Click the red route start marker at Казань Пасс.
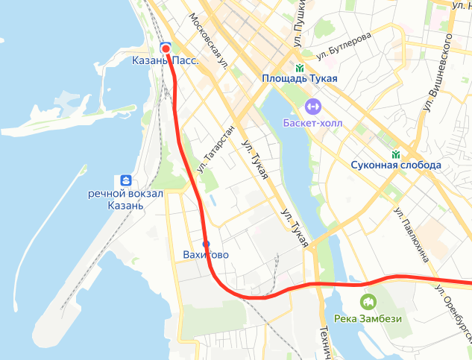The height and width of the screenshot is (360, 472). (166, 48)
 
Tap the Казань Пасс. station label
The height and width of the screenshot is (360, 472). (165, 61)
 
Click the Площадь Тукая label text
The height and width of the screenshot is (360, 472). (300, 79)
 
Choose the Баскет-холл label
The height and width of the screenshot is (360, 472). (312, 122)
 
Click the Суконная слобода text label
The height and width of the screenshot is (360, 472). (396, 165)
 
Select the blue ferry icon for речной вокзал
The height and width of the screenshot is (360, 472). (125, 180)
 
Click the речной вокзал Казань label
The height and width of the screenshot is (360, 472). (125, 200)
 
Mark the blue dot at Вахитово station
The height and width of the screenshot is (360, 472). (207, 244)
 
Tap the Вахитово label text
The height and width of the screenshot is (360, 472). (206, 256)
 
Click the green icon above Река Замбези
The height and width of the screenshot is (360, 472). (368, 303)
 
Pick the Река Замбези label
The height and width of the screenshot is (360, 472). (368, 320)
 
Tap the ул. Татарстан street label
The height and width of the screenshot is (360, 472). (216, 150)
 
